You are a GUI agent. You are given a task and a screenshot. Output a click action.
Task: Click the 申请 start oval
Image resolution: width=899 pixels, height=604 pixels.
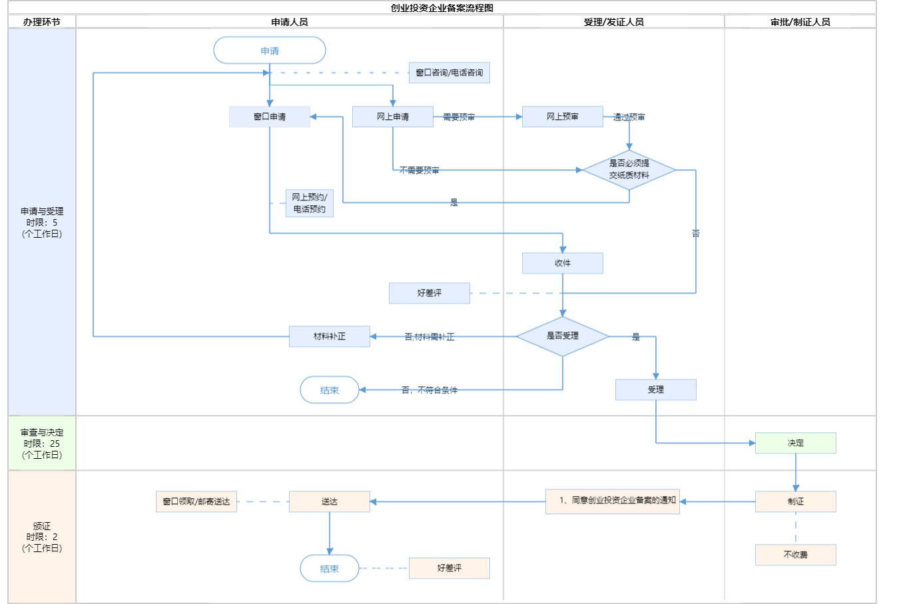click(x=270, y=51)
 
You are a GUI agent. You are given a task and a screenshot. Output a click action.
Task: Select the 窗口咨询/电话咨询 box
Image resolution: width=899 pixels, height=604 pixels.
click(x=449, y=73)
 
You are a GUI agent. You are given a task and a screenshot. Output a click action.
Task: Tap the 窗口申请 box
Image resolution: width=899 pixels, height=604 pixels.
click(x=270, y=117)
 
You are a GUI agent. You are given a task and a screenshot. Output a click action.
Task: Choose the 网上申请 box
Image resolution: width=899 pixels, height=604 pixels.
click(x=393, y=117)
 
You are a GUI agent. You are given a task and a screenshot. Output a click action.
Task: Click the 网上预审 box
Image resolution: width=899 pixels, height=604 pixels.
click(x=563, y=117)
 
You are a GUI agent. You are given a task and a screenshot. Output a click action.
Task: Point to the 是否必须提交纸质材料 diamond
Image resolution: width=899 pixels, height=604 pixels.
click(x=629, y=170)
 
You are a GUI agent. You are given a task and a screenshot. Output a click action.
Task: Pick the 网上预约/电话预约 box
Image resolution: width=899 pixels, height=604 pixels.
click(x=310, y=203)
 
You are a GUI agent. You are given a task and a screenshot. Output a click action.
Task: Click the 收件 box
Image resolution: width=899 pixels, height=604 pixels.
click(x=563, y=263)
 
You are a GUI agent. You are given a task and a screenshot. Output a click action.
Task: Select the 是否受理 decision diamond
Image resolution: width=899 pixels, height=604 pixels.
click(x=563, y=336)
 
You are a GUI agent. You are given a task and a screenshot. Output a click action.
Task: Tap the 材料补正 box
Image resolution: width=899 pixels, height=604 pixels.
click(x=330, y=336)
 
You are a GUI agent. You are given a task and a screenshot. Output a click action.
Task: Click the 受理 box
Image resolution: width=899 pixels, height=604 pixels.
click(x=656, y=390)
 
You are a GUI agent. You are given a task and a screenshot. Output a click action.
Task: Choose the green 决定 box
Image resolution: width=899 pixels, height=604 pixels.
click(x=796, y=443)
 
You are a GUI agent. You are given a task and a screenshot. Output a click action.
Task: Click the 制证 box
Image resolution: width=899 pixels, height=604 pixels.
click(x=796, y=501)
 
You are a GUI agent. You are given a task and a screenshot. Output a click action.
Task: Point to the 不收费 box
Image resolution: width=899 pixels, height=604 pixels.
click(x=796, y=555)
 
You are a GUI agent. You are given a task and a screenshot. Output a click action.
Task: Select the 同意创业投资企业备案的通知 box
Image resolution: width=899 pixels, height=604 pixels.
click(x=613, y=501)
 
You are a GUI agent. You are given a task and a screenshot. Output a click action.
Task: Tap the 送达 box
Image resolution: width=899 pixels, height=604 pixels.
click(x=330, y=501)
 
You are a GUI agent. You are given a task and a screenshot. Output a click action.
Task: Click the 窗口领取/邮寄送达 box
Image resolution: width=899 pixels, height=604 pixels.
click(x=196, y=501)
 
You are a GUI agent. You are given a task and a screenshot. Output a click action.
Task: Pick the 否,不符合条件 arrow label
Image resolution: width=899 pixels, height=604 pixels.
click(x=430, y=390)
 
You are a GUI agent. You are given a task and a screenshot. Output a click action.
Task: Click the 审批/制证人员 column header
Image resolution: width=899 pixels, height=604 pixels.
click(x=800, y=22)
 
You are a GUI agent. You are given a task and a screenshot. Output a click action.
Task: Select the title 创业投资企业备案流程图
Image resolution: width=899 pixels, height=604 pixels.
click(x=442, y=8)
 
